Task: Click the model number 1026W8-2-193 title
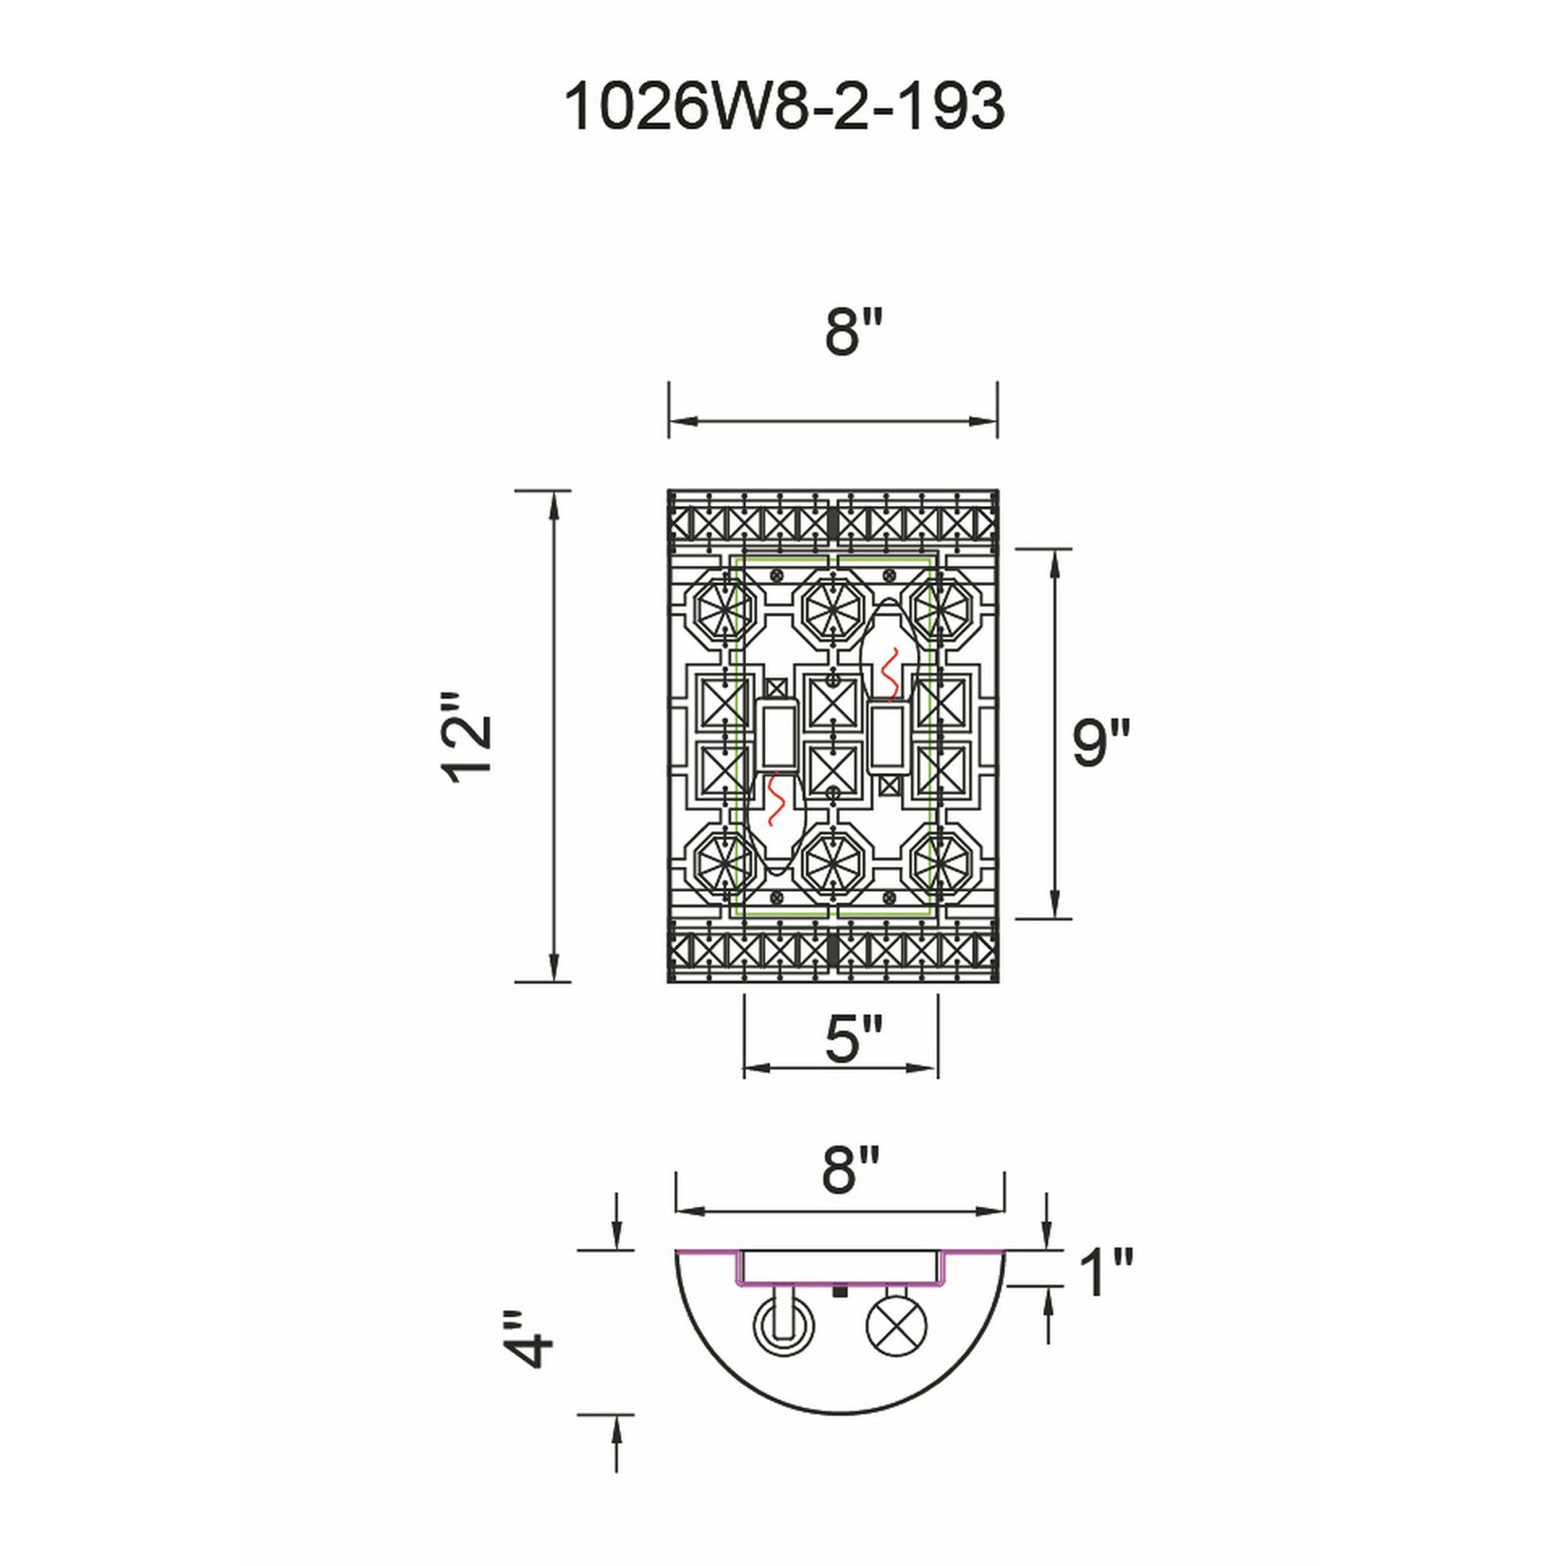783,108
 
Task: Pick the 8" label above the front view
853,332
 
